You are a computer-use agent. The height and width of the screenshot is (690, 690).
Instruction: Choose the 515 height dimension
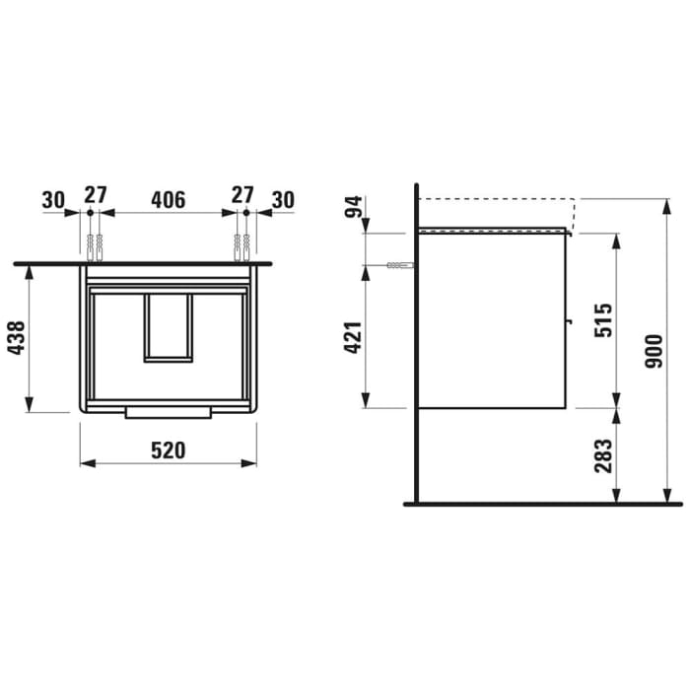(604, 320)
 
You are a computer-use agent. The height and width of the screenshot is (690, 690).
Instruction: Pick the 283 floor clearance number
(604, 456)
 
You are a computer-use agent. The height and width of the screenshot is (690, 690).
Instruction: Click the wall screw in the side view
(400, 266)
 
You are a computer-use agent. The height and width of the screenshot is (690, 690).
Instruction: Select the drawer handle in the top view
(168, 411)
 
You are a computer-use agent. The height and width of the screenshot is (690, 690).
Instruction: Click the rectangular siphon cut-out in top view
(168, 327)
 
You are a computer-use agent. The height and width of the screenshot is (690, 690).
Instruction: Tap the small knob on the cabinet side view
(569, 320)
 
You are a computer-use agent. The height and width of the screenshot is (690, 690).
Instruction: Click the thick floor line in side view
(542, 504)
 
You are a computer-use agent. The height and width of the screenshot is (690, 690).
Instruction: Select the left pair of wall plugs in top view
(95, 246)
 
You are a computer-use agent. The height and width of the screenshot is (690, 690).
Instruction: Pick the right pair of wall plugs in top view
(241, 246)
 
